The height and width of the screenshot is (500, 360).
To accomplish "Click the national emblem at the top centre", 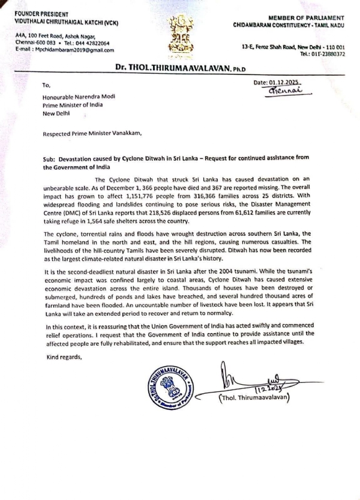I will click(x=180, y=33).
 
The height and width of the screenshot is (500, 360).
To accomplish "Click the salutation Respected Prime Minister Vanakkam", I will click(x=93, y=134).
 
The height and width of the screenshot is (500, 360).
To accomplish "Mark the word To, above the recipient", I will click(x=47, y=86).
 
